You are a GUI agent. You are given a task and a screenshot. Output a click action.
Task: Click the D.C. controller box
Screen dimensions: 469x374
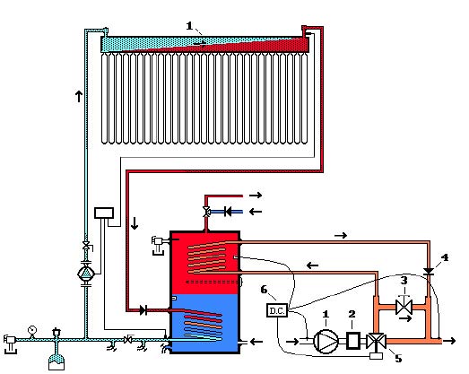(x=277, y=310)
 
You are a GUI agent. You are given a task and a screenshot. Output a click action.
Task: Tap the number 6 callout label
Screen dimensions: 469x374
(x=264, y=290)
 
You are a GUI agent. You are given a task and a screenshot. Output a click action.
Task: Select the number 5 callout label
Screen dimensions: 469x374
(x=398, y=358)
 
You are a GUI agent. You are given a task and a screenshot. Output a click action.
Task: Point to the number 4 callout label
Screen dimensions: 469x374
(x=445, y=257)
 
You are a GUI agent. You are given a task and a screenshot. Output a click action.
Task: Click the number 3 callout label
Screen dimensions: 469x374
(x=404, y=281)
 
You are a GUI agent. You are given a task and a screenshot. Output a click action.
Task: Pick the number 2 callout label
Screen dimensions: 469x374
(x=352, y=314)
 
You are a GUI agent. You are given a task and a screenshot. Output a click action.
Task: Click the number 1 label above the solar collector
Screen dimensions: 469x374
(x=189, y=26)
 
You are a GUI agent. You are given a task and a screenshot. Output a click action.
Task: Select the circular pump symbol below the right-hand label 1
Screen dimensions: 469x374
(x=326, y=341)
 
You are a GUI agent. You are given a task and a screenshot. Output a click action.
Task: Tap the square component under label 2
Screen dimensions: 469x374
(x=353, y=341)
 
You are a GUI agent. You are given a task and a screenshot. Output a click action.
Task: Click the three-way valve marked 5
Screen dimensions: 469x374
(x=376, y=341)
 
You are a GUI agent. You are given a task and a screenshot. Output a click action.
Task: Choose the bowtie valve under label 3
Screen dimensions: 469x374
(x=404, y=307)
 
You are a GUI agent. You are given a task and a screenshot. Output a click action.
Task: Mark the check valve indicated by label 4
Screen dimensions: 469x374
(x=429, y=272)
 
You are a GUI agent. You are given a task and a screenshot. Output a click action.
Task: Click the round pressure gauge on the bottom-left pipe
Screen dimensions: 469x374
(x=31, y=330)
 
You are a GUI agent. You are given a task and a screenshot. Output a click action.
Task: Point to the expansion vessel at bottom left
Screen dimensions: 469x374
(x=56, y=361)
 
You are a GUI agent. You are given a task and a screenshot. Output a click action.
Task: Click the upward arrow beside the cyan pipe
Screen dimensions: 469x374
(x=79, y=96)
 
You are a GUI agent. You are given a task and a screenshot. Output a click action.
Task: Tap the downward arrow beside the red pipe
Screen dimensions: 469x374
(x=135, y=223)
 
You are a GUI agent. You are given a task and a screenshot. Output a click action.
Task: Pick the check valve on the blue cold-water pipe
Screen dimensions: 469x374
(x=228, y=213)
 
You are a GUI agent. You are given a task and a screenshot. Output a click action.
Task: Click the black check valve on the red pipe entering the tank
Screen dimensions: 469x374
(x=143, y=310)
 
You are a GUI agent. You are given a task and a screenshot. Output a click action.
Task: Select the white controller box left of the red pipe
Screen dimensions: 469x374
(x=104, y=213)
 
